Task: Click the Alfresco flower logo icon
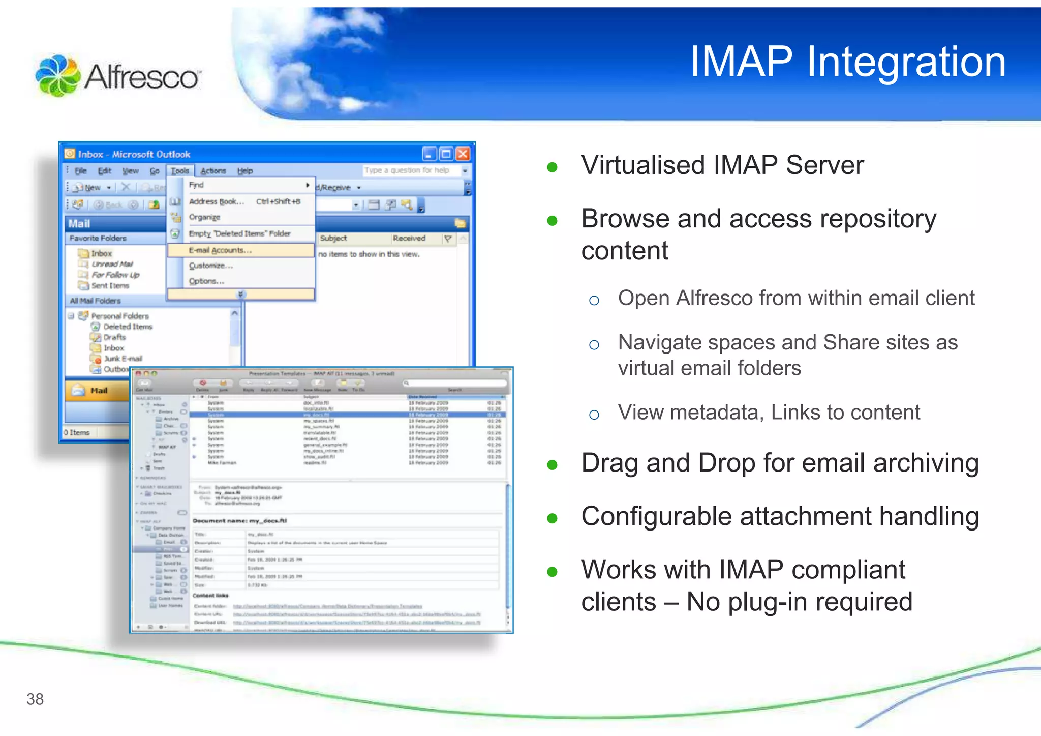pos(57,75)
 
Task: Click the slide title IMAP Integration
pos(847,62)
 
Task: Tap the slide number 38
pos(35,699)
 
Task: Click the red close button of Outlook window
pos(463,154)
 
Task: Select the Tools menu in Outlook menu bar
pos(179,171)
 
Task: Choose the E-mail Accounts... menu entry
pos(220,250)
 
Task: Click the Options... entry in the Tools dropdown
pos(206,281)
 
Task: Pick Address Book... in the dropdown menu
pos(217,201)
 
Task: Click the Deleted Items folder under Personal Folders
pos(128,327)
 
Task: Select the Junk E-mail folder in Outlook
pos(123,359)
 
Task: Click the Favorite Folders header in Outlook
pos(98,238)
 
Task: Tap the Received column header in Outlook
pos(409,238)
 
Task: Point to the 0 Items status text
pos(77,432)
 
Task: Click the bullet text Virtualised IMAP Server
pos(722,165)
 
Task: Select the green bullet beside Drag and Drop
pos(553,465)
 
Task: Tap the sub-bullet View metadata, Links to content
pos(769,412)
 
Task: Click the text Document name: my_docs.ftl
pos(240,521)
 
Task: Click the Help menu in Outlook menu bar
pos(245,171)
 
